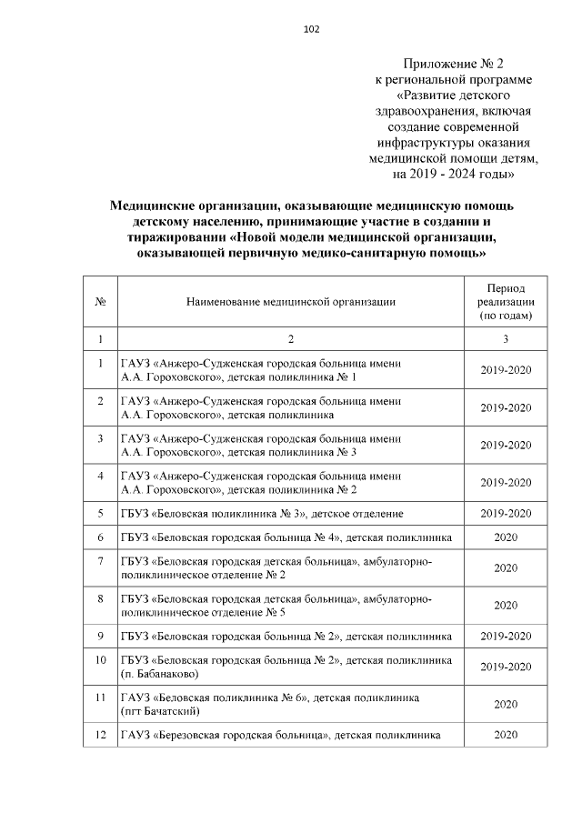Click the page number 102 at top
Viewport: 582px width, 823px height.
311,29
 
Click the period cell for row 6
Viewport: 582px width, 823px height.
506,537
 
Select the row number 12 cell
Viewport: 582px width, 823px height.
99,734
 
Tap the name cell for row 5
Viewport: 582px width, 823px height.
263,514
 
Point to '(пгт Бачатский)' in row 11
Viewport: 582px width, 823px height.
159,710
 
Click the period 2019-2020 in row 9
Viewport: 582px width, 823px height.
506,634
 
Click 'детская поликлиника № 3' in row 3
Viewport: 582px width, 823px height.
291,451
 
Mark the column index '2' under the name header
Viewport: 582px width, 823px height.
291,339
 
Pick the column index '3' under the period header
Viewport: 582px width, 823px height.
506,339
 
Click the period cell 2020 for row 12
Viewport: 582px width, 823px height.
506,734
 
